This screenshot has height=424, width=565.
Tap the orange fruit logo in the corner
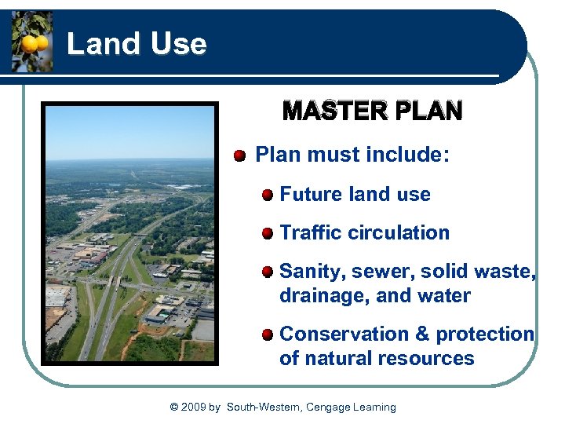point(32,42)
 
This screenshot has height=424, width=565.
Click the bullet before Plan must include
point(240,155)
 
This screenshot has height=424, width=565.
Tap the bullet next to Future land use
point(268,195)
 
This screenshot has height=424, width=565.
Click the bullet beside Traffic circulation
point(268,233)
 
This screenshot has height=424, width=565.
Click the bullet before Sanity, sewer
point(268,272)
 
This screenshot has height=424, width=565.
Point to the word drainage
point(316,296)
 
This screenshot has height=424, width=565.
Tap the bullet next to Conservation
point(268,334)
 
